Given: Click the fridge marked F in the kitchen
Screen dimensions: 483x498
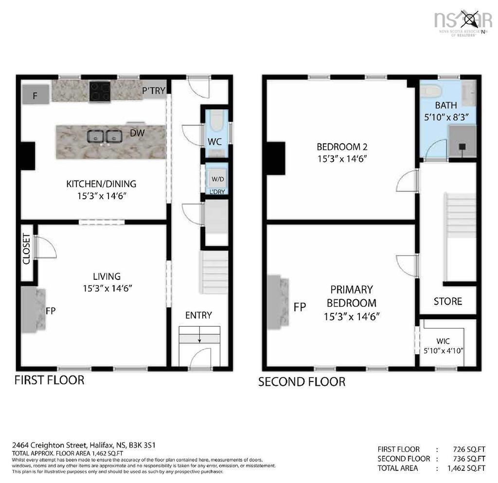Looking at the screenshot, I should [x=35, y=95].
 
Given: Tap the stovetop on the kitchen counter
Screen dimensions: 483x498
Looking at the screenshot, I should [x=100, y=91].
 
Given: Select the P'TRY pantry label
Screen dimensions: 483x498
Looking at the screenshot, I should [x=154, y=90].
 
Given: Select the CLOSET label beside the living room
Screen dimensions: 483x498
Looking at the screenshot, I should [x=26, y=249].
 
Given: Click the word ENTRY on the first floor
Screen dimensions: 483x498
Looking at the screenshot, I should [x=198, y=315].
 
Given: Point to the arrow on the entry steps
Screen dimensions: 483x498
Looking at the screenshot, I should [x=199, y=339].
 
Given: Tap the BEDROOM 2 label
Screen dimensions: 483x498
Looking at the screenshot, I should [x=341, y=147].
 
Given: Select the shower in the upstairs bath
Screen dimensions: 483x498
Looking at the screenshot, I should [x=462, y=142].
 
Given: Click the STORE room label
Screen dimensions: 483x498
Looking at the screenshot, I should [x=447, y=301].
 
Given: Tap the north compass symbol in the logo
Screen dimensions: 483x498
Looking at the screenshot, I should [x=471, y=20].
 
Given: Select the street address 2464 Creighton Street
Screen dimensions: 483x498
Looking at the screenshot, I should [x=49, y=445].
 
